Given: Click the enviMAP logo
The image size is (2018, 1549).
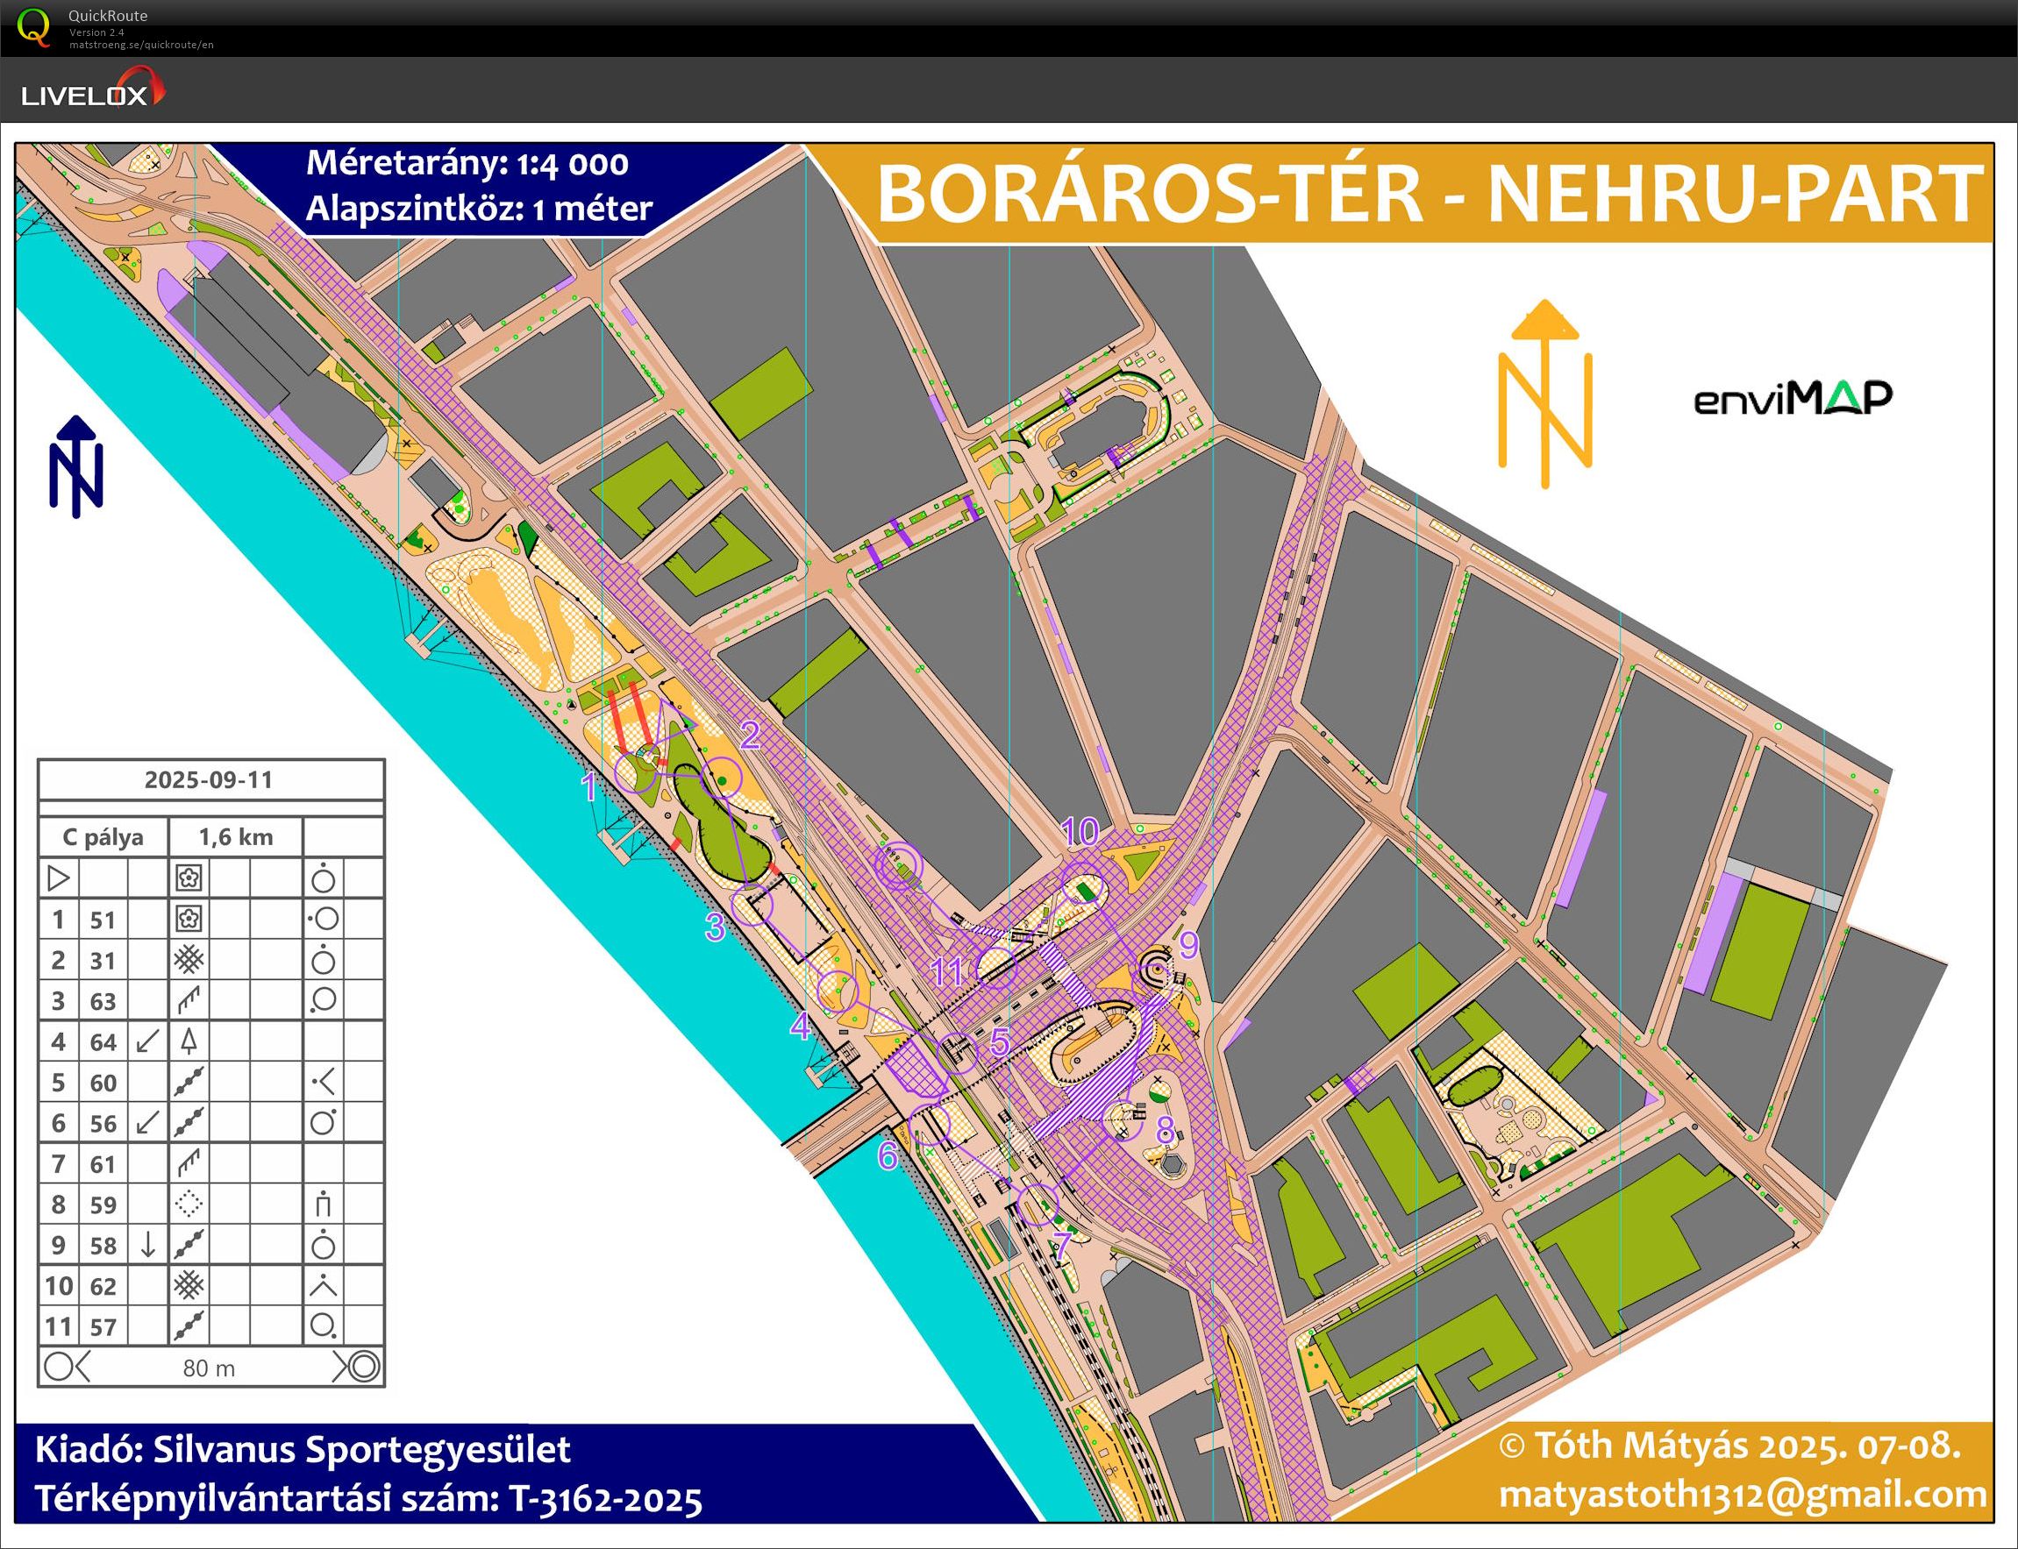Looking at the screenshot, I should (x=1792, y=398).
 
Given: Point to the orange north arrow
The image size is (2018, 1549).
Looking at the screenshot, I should (x=1545, y=394).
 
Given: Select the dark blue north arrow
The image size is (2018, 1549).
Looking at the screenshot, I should (x=75, y=466).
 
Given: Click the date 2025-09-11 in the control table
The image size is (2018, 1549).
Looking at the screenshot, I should (x=210, y=780).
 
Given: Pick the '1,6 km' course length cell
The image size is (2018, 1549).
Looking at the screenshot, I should (x=236, y=837).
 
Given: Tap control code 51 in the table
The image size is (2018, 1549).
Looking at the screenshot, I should (x=103, y=920).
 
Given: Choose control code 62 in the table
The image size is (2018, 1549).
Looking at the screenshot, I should (x=103, y=1286).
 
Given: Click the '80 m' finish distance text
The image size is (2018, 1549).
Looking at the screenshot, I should (x=210, y=1368).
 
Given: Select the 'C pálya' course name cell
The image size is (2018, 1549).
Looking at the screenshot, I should (x=103, y=837).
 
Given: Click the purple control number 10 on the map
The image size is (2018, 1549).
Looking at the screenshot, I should (x=1080, y=832).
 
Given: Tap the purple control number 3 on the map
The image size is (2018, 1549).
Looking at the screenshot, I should (x=715, y=927).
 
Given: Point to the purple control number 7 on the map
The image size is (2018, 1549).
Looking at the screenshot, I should (x=1061, y=1245).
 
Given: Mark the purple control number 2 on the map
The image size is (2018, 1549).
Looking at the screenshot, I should (x=750, y=735).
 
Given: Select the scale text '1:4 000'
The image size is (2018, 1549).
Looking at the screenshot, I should (x=572, y=164).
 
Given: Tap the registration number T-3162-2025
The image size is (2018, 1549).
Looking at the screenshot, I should (x=605, y=1500).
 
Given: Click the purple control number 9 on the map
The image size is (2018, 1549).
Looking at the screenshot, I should (x=1189, y=945).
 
